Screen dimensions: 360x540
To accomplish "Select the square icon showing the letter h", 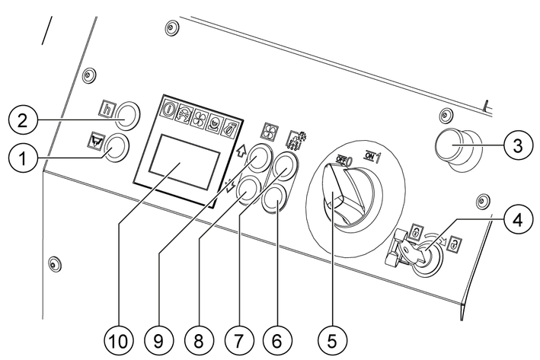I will [107, 109].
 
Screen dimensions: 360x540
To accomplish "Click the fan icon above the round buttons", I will [269, 130].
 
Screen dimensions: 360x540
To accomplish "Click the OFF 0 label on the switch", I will [343, 158].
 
